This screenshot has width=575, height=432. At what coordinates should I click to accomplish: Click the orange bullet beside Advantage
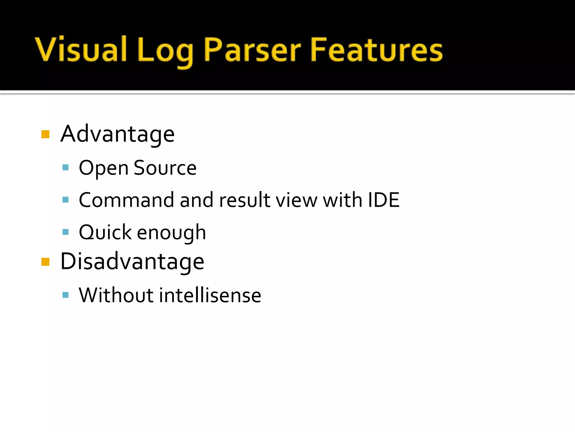[x=45, y=134]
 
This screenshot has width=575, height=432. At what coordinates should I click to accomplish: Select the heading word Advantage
[x=117, y=134]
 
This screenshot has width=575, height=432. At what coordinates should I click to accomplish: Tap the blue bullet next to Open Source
[x=65, y=168]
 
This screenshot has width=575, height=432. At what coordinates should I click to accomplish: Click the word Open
[x=103, y=168]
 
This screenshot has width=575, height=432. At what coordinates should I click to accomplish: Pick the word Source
[x=165, y=168]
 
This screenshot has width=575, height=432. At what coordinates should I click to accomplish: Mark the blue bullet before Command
[x=65, y=200]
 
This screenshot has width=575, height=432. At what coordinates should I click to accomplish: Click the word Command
[x=126, y=200]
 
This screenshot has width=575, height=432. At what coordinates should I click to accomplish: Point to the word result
[x=245, y=200]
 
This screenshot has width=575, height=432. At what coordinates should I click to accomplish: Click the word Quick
[x=105, y=232]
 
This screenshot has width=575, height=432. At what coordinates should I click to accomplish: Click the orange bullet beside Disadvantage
[x=45, y=262]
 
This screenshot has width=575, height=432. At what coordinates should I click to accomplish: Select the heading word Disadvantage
[x=132, y=261]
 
